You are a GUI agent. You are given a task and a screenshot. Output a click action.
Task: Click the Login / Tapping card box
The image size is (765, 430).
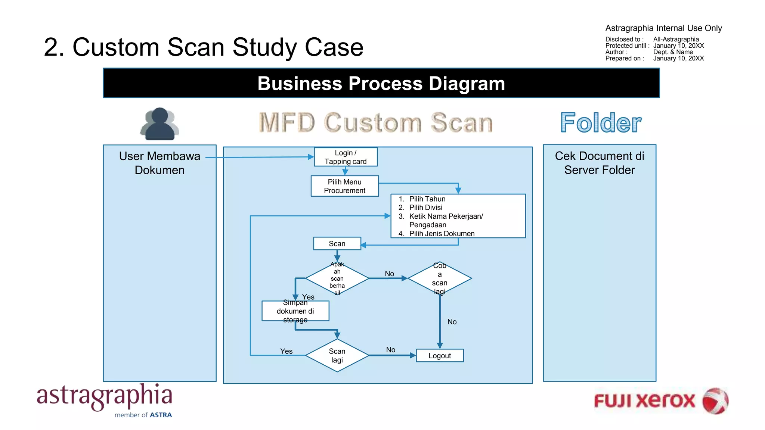pyautogui.click(x=346, y=157)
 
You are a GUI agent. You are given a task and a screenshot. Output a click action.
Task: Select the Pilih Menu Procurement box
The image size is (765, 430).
pyautogui.click(x=344, y=186)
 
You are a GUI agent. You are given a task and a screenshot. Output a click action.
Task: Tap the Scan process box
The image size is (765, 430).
pyautogui.click(x=337, y=244)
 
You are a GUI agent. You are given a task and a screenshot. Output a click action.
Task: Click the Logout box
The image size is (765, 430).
pyautogui.click(x=440, y=356)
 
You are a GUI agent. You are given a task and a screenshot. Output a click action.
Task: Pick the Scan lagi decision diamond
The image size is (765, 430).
pyautogui.click(x=337, y=355)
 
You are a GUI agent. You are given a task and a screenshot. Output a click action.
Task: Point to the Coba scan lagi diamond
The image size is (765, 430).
pyautogui.click(x=440, y=278)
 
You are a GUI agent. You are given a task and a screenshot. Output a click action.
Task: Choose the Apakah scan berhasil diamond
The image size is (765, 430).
pyautogui.click(x=337, y=278)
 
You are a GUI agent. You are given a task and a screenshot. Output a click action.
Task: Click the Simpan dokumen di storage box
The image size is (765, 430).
pyautogui.click(x=295, y=311)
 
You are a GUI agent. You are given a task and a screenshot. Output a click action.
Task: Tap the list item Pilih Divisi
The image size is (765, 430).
pyautogui.click(x=425, y=208)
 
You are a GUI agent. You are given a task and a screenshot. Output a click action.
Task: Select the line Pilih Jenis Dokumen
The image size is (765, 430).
pyautogui.click(x=442, y=234)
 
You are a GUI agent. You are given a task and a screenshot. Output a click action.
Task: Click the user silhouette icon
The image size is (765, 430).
pyautogui.click(x=160, y=124)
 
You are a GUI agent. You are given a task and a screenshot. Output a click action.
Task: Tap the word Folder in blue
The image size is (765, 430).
pyautogui.click(x=601, y=123)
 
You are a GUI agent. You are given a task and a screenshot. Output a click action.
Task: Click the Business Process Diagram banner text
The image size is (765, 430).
pyautogui.click(x=381, y=83)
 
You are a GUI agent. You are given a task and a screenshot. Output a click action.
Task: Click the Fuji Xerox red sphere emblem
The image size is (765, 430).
pyautogui.click(x=715, y=401)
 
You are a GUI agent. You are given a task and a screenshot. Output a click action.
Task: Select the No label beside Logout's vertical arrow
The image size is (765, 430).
pyautogui.click(x=452, y=322)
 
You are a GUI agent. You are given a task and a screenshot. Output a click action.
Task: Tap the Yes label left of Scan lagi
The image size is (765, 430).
pyautogui.click(x=287, y=351)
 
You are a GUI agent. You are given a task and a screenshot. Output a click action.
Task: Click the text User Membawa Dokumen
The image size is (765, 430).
pyautogui.click(x=159, y=163)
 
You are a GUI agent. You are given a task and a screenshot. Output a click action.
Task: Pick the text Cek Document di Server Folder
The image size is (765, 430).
pyautogui.click(x=599, y=163)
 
